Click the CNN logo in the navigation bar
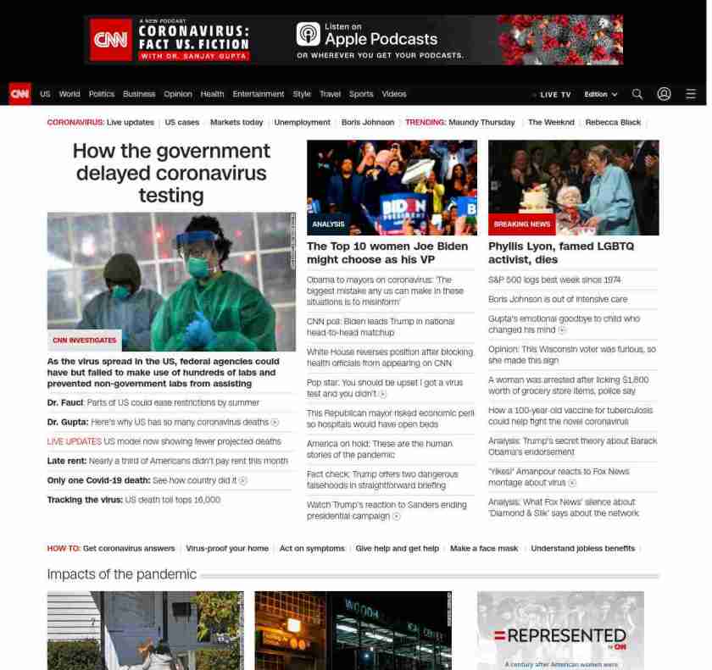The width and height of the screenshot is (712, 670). pyautogui.click(x=19, y=94)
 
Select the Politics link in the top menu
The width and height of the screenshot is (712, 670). pyautogui.click(x=101, y=94)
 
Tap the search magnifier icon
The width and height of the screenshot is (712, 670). pyautogui.click(x=637, y=94)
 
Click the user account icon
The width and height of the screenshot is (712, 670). pyautogui.click(x=664, y=94)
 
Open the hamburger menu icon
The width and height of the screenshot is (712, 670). pyautogui.click(x=691, y=94)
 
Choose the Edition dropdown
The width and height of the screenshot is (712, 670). pyautogui.click(x=600, y=94)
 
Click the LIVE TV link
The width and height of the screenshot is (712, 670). pyautogui.click(x=553, y=94)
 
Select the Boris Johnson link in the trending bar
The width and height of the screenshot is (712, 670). pyautogui.click(x=367, y=122)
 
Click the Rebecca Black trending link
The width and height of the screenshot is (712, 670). pyautogui.click(x=613, y=122)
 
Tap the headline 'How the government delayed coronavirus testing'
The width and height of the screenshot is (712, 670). pyautogui.click(x=171, y=173)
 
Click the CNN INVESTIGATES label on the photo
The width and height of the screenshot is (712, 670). pyautogui.click(x=85, y=340)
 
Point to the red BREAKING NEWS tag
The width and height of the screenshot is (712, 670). pyautogui.click(x=521, y=224)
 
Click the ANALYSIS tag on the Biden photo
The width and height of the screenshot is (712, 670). pyautogui.click(x=328, y=224)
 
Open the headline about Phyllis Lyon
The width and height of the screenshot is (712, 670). pyautogui.click(x=560, y=252)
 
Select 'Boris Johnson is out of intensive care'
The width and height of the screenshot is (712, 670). pyautogui.click(x=558, y=299)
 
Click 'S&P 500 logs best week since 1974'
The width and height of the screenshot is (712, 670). pyautogui.click(x=553, y=280)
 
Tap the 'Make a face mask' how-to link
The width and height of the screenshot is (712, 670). pyautogui.click(x=483, y=548)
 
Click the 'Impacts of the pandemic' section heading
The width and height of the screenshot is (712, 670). pyautogui.click(x=121, y=574)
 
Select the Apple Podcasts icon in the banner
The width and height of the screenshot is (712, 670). pyautogui.click(x=308, y=34)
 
